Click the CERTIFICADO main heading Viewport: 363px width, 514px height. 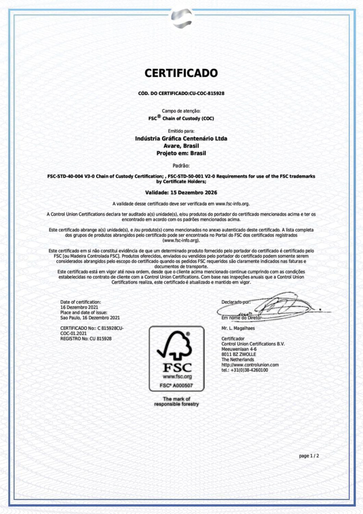(181, 73)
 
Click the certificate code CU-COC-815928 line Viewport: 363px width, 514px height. (181, 93)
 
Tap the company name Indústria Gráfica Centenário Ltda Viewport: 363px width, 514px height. (181, 138)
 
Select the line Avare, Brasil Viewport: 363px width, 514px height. (181, 146)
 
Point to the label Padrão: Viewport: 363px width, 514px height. (181, 166)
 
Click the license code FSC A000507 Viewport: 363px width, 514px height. (176, 385)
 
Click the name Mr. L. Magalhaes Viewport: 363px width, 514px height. (238, 328)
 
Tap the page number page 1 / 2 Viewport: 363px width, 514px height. (309, 456)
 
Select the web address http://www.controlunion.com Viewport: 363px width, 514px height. (250, 365)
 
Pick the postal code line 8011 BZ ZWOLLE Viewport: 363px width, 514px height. (239, 354)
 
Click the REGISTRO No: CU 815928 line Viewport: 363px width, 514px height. (86, 339)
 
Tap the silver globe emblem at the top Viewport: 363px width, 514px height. (181, 19)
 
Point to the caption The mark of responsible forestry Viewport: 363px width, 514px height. (176, 402)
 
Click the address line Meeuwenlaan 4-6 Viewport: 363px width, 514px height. (239, 349)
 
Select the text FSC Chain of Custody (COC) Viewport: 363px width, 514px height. (181, 118)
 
